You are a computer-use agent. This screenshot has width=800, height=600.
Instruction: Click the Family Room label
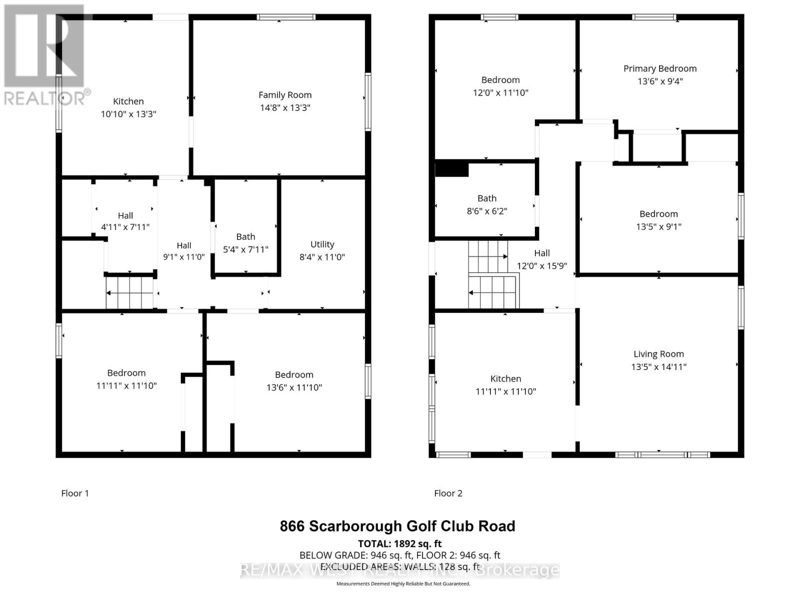tap(285, 95)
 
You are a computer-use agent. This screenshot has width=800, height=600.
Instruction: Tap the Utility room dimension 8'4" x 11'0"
tap(322, 257)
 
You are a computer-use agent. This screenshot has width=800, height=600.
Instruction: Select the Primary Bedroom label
tap(660, 68)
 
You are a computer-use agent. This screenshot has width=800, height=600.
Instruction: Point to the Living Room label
tap(658, 354)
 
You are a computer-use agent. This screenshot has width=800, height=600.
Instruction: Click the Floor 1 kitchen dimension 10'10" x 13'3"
tap(128, 114)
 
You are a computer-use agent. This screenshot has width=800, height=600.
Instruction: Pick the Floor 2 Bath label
tap(487, 198)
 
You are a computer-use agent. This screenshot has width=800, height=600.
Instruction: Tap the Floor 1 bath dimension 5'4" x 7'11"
tap(245, 249)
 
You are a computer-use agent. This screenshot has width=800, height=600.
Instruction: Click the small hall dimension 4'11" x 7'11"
tap(125, 227)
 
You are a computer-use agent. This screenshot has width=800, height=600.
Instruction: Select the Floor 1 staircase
tap(130, 293)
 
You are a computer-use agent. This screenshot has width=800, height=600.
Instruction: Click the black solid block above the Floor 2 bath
tap(451, 169)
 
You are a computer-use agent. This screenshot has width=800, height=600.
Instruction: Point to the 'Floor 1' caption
tap(75, 493)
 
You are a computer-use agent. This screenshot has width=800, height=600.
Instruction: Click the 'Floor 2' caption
tap(448, 493)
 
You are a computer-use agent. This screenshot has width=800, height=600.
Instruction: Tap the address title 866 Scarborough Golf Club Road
tap(397, 526)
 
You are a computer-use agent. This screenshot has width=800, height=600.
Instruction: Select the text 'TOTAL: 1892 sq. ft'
tap(399, 543)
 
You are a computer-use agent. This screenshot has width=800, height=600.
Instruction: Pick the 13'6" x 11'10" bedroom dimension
tap(294, 387)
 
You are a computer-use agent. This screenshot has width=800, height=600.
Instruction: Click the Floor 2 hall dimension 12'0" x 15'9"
tap(542, 266)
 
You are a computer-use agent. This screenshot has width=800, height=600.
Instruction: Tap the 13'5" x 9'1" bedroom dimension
tap(658, 226)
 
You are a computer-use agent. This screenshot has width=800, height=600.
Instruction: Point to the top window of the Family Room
tap(286, 17)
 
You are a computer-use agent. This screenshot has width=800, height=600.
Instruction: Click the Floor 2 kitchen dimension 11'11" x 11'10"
tap(505, 391)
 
